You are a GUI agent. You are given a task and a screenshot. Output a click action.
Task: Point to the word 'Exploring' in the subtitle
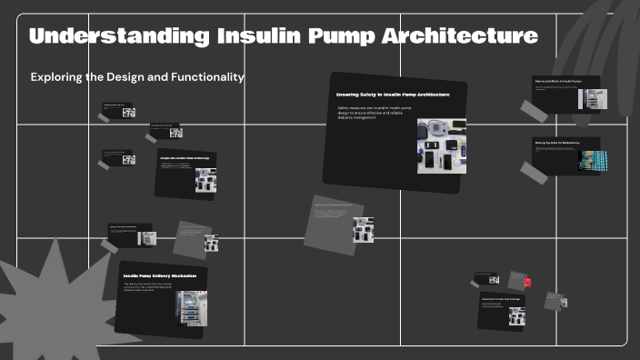point(57,77)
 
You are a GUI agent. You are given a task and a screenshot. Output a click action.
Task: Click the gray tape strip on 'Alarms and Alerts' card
point(534,112)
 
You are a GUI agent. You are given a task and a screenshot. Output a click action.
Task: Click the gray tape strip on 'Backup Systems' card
point(532,170)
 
